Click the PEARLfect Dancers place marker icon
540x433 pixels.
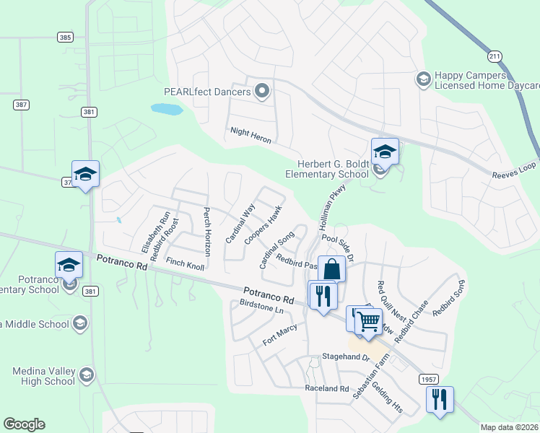point(262,92)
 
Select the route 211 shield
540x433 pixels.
point(494,56)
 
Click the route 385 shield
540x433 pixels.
point(66,36)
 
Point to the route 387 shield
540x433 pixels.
point(21,105)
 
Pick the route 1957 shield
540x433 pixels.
point(427,378)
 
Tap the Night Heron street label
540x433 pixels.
point(251,135)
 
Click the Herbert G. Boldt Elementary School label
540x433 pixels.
point(327,170)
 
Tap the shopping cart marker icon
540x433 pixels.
point(369,320)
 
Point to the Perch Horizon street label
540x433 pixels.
point(206,232)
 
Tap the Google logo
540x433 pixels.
point(24,424)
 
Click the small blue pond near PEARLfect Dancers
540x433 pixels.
point(166,110)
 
